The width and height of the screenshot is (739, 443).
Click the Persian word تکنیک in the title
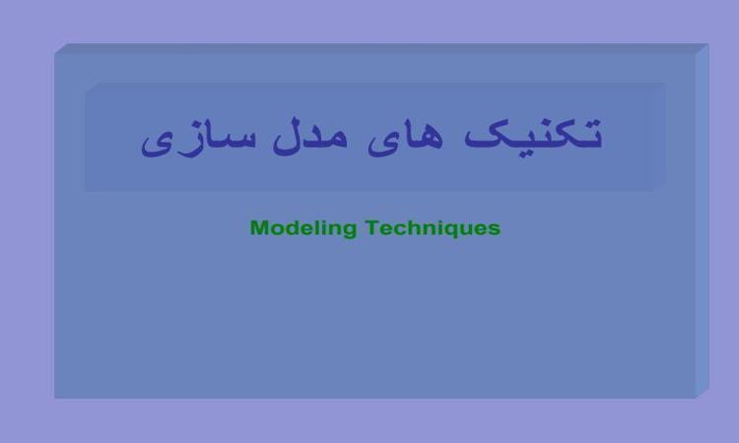coord(533,135)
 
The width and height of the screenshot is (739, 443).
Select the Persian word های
coord(405,138)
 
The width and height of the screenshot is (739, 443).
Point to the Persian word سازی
coord(199,138)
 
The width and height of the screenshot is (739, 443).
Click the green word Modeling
coord(303,228)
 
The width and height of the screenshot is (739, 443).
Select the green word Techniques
coord(433,228)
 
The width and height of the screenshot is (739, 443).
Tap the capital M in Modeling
coord(259,227)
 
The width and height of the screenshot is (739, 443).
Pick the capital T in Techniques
coord(372,227)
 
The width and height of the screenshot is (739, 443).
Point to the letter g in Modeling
coord(350,230)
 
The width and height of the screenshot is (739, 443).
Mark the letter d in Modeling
coord(291,227)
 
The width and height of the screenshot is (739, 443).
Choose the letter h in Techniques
coord(415,227)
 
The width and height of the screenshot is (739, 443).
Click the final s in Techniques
coord(495,229)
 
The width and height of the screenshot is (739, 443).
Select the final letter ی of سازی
coord(158,144)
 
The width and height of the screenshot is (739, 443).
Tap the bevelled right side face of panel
coord(703,221)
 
